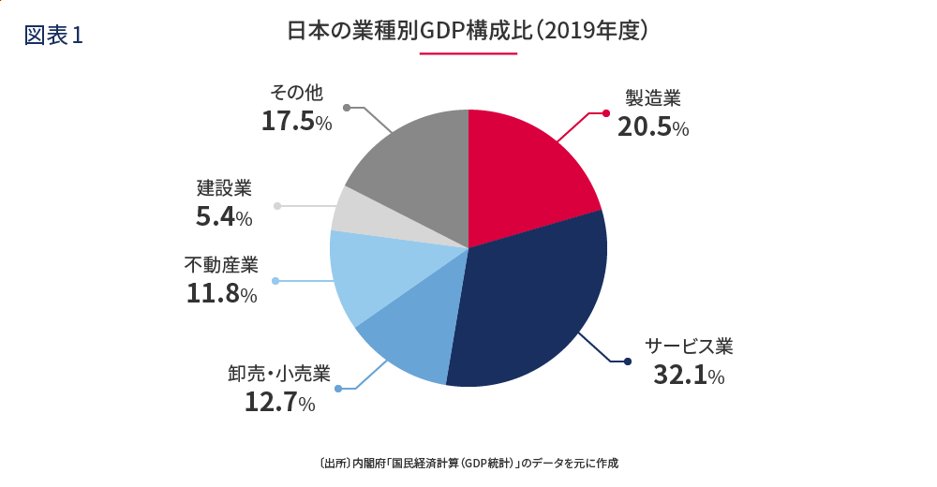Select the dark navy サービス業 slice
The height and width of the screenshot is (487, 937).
534,300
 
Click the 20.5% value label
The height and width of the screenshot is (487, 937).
653,127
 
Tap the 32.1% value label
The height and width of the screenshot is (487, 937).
689,376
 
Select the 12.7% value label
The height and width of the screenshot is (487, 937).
279,403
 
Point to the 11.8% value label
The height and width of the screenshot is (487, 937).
221,294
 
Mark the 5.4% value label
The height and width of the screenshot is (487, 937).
224,217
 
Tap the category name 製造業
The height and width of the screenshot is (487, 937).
653,98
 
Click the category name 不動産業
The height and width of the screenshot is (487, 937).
220,266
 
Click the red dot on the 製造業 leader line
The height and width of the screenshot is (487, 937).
606,113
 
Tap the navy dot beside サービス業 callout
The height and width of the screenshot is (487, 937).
628,362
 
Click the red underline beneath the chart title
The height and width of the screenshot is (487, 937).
468,53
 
